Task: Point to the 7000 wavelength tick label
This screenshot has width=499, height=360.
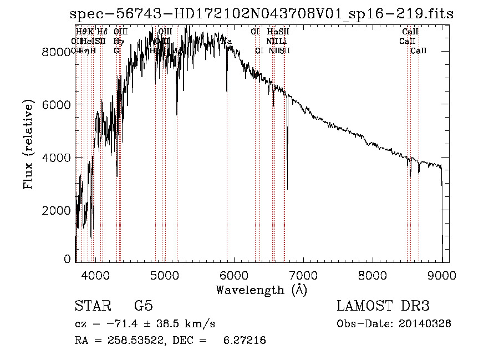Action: coord(303,275)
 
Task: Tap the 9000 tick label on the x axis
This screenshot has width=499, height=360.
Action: coord(442,275)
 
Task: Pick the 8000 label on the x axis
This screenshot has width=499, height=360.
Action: coord(373,275)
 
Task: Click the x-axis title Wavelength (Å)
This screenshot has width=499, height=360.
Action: coord(261,290)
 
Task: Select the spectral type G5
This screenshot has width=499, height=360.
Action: coord(143,307)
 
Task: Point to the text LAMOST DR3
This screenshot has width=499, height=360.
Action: coord(383,307)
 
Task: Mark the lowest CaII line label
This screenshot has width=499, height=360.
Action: coord(419,51)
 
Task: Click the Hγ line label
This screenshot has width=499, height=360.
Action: coord(118,42)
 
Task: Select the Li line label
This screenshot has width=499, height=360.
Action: coord(283,42)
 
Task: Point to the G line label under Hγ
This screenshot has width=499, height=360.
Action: coord(116,51)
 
